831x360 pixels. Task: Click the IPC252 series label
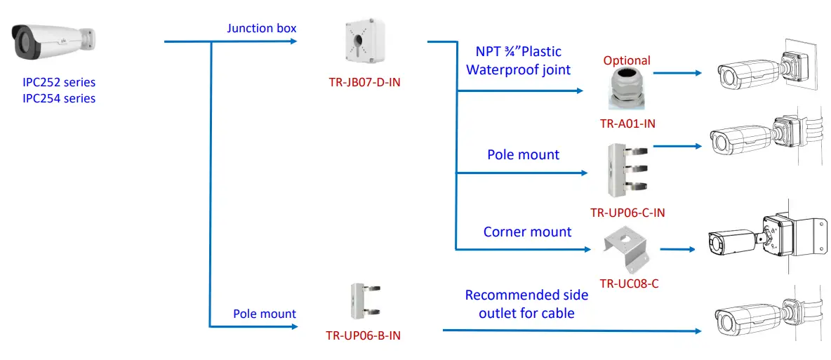[x=59, y=83]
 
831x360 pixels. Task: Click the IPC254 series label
[x=59, y=98]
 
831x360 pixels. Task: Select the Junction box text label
[x=261, y=29]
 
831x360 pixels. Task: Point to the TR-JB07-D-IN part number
[x=365, y=83]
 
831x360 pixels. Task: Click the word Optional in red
[x=627, y=61]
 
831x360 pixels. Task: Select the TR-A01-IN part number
[x=627, y=124]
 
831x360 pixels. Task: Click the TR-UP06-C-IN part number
[x=627, y=213]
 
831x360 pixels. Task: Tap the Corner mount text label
[x=527, y=232]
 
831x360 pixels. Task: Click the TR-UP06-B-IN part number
[x=364, y=335]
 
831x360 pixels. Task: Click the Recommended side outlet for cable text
[x=526, y=305]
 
